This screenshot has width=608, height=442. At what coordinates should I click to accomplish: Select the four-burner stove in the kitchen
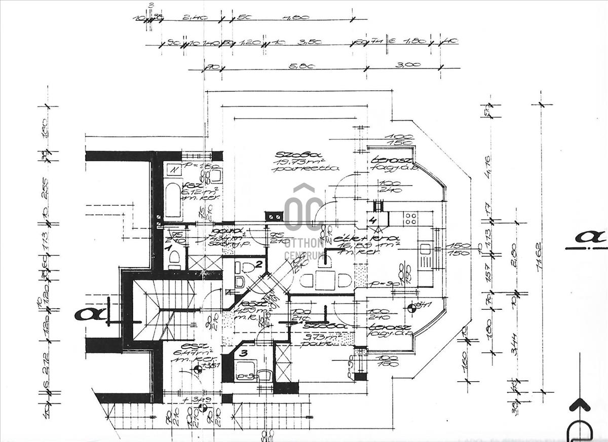point(410,219)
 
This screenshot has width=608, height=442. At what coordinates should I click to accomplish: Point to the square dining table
point(325,280)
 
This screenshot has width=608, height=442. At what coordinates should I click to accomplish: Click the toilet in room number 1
point(174,259)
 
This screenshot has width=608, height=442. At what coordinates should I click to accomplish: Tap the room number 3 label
point(244,353)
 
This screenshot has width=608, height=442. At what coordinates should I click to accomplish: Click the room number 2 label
point(258,264)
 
